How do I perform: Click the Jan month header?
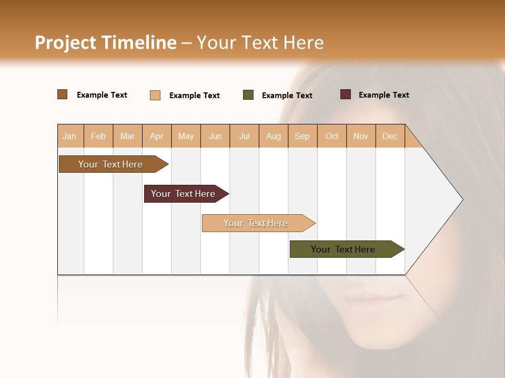tap(69, 136)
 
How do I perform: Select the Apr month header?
tap(156, 136)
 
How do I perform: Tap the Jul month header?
tap(244, 136)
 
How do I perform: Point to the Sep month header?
tap(302, 136)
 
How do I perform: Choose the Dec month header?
tap(390, 136)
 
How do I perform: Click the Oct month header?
tap(332, 136)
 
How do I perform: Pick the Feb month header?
tap(98, 136)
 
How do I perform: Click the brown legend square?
tap(63, 94)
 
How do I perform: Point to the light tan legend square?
tap(155, 95)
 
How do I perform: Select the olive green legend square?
tap(248, 95)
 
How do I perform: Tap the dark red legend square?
tap(346, 94)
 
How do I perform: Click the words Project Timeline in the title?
tap(105, 43)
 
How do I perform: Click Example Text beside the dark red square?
tap(383, 95)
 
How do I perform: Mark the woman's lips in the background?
tap(371, 301)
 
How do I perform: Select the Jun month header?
tap(215, 136)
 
